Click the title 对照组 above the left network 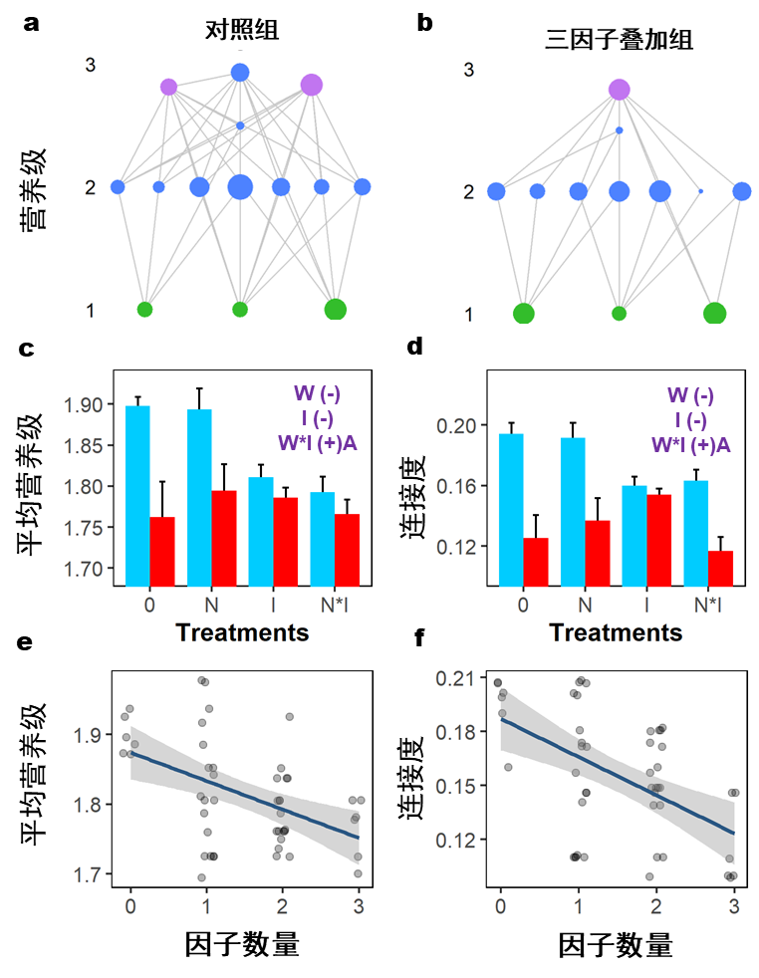(236, 31)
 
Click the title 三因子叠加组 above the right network (619, 41)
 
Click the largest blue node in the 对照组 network (240, 186)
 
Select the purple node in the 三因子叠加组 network (620, 90)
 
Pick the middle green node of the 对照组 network (240, 309)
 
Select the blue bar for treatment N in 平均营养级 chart (199, 497)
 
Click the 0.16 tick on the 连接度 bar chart (459, 486)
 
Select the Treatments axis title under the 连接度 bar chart (616, 632)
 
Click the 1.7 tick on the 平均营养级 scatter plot (88, 874)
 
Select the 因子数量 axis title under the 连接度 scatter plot (615, 945)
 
